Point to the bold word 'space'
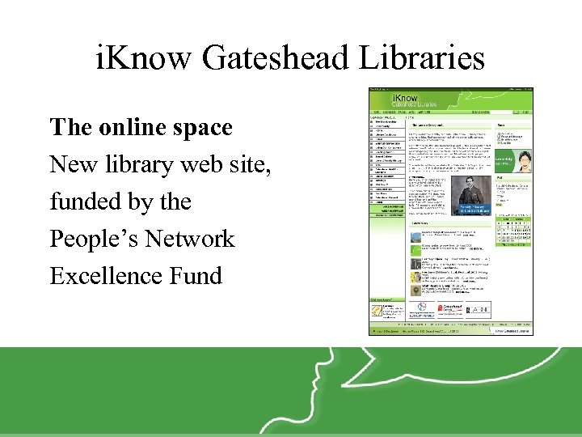205,128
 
